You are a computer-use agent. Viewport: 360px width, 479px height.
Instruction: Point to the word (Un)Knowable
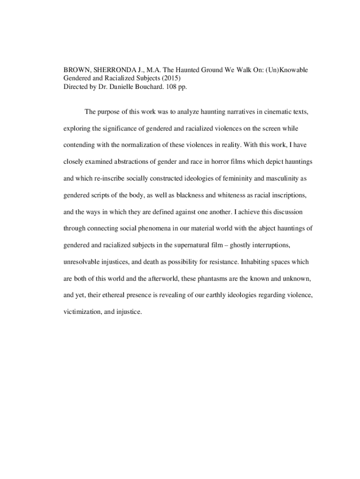coord(286,70)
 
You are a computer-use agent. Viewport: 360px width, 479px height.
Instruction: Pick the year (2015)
coord(170,79)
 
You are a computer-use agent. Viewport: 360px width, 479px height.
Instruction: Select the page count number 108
coord(176,87)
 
